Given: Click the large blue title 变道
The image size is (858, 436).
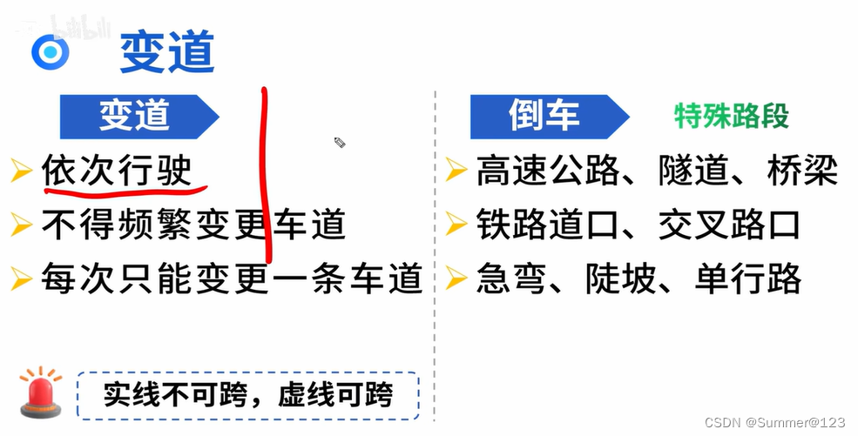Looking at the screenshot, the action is pos(166,52).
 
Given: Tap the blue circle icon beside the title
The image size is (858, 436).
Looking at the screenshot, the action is pos(50,52).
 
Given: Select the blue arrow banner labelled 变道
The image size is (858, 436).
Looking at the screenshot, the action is pos(135,116).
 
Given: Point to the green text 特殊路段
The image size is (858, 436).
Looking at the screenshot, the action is pos(732,116).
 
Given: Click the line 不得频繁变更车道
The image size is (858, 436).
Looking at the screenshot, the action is pos(193,225).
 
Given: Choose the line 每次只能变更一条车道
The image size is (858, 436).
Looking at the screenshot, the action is pos(232,278).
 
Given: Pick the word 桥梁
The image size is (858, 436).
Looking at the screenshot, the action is pos(802,170).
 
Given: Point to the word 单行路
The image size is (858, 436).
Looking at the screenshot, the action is pos(748,278).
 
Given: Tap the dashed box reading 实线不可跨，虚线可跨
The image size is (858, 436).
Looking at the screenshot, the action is pos(248,396).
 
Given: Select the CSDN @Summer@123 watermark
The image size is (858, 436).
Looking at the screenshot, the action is pos(774,422).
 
